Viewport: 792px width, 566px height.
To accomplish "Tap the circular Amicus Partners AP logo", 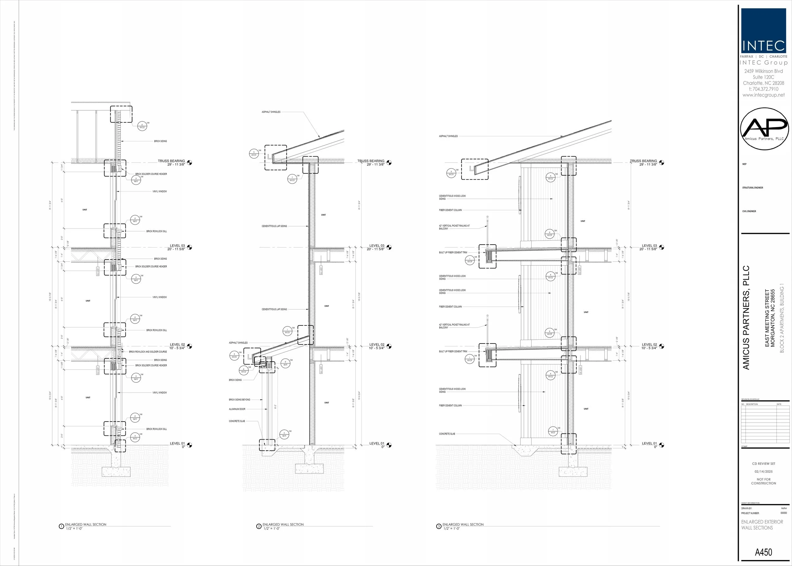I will point(764,129).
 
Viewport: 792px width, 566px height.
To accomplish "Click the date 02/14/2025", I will point(763,472).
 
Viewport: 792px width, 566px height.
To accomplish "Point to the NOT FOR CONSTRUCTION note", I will point(763,481).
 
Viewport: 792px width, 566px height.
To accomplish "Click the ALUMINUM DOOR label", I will point(237,409).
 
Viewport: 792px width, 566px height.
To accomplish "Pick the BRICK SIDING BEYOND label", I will point(240,400).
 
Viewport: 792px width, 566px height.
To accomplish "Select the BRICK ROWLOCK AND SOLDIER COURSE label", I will point(148,352).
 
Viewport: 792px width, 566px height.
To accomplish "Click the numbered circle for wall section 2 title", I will point(259,526).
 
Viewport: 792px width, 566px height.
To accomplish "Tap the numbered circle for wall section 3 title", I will point(439,526).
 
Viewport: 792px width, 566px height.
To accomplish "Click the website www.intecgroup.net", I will point(763,95).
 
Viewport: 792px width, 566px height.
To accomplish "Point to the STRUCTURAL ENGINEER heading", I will point(753,188).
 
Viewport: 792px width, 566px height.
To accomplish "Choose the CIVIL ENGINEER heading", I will point(749,211).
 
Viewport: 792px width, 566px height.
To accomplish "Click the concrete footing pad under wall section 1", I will point(116,472).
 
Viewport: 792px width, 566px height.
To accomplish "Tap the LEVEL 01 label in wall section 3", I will point(649,444).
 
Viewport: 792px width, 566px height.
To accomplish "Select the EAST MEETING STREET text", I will point(767,318).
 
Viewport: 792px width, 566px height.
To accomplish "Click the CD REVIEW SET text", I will point(763,464).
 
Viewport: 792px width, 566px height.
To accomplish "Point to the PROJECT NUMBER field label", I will point(750,513).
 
